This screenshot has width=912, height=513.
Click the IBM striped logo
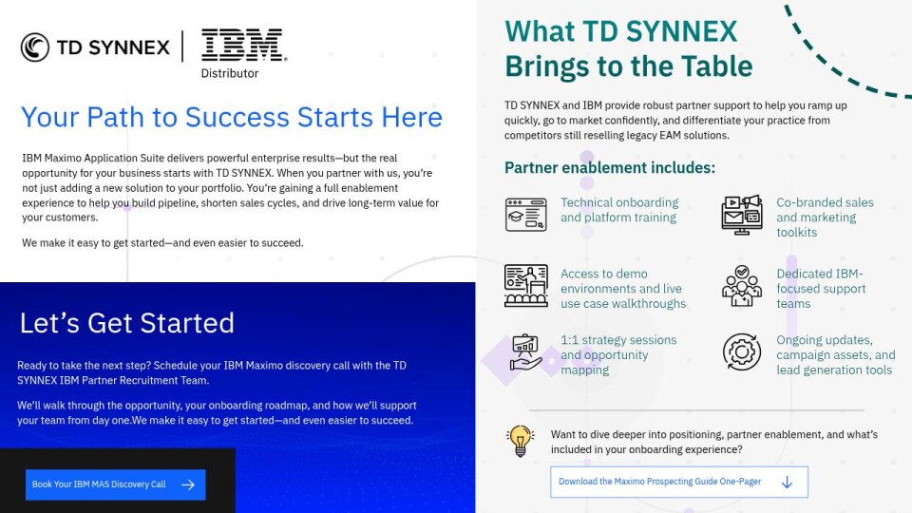pyautogui.click(x=244, y=45)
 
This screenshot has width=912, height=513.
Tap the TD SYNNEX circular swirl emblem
pyautogui.click(x=35, y=47)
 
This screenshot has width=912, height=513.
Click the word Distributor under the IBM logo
pyautogui.click(x=230, y=73)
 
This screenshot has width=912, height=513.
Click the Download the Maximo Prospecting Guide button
pyautogui.click(x=678, y=482)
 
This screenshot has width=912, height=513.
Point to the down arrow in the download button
pyautogui.click(x=787, y=483)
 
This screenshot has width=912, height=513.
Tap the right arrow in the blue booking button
pyautogui.click(x=188, y=484)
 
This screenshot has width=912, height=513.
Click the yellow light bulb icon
pyautogui.click(x=520, y=441)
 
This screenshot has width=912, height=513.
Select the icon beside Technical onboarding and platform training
pyautogui.click(x=525, y=215)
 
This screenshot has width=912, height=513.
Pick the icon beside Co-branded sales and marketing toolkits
pyautogui.click(x=742, y=215)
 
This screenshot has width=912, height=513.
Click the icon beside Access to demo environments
pyautogui.click(x=525, y=286)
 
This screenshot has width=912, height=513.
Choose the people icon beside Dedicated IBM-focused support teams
pyautogui.click(x=742, y=286)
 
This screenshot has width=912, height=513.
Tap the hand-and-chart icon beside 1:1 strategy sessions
pyautogui.click(x=525, y=352)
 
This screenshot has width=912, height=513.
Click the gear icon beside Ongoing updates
pyautogui.click(x=742, y=351)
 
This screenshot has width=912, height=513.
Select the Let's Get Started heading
pyautogui.click(x=126, y=323)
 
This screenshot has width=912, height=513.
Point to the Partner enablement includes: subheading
pyautogui.click(x=610, y=167)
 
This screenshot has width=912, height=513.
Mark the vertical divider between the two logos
pyautogui.click(x=182, y=46)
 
